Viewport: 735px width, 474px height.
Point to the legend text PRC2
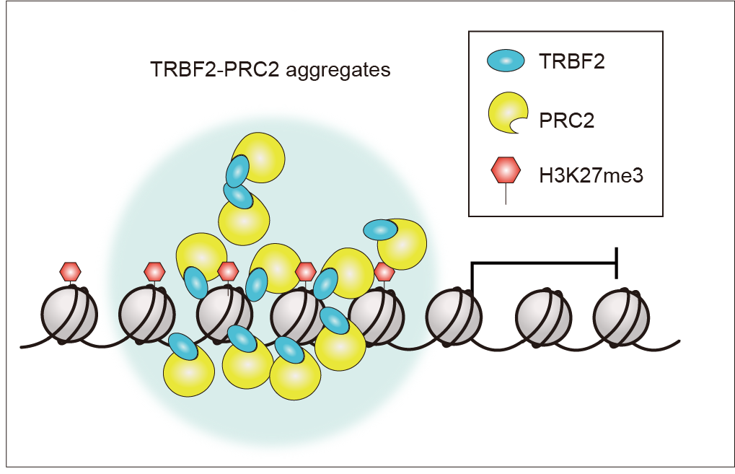[x=566, y=120]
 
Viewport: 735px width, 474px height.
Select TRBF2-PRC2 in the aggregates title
[x=214, y=70]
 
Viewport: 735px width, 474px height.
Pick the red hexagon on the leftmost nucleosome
[x=70, y=271]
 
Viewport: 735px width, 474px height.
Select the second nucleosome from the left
[x=146, y=316]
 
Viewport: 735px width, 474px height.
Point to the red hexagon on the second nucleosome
[x=154, y=271]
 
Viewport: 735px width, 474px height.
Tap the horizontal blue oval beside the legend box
[x=380, y=229]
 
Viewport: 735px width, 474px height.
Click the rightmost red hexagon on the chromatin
[x=384, y=271]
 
